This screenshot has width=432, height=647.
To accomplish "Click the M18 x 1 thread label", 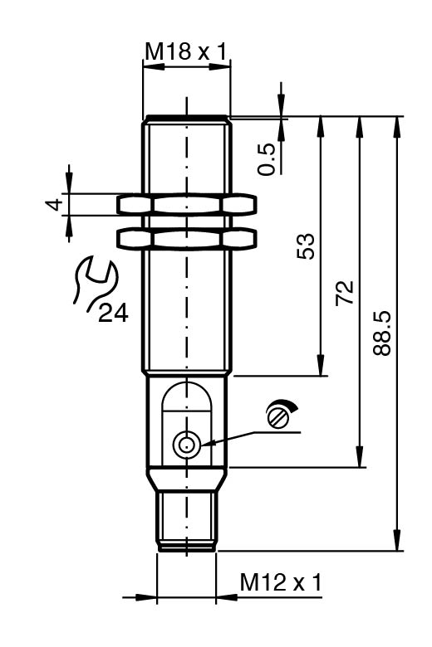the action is click(185, 51).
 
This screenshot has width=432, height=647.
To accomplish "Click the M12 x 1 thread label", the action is click(281, 582).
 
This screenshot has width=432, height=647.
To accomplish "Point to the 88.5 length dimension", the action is click(381, 333).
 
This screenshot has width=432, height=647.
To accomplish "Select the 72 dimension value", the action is click(345, 293).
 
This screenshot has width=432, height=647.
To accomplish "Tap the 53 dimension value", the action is click(306, 246).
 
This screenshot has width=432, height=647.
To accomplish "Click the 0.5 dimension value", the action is click(267, 159).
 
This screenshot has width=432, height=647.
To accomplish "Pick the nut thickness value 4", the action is click(55, 204).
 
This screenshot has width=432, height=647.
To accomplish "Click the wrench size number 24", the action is click(113, 314).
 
